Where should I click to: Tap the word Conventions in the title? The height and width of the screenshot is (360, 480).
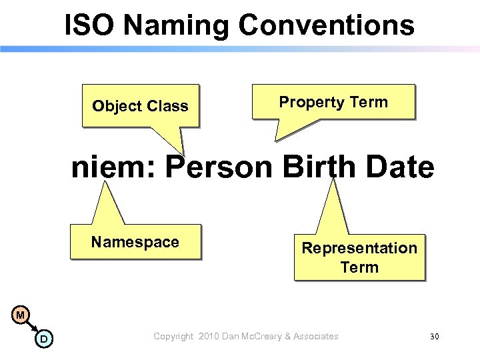coord(327,25)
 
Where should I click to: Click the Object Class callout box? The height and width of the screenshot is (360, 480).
coord(140,106)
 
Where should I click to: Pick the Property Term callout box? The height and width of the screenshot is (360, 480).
coord(333,103)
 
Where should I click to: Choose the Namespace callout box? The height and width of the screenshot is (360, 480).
coord(135,242)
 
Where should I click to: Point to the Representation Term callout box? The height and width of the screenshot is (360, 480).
coord(359,257)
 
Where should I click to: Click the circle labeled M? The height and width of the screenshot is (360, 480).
coord(21,314)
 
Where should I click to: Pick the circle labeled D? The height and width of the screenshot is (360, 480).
coord(43,339)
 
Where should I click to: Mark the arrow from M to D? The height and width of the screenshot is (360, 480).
coord(31,326)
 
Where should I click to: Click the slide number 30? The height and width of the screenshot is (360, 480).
coord(434,337)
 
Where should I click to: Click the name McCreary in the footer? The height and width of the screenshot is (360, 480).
coord(260,336)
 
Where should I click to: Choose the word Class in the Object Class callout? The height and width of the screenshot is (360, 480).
coord(169,106)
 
